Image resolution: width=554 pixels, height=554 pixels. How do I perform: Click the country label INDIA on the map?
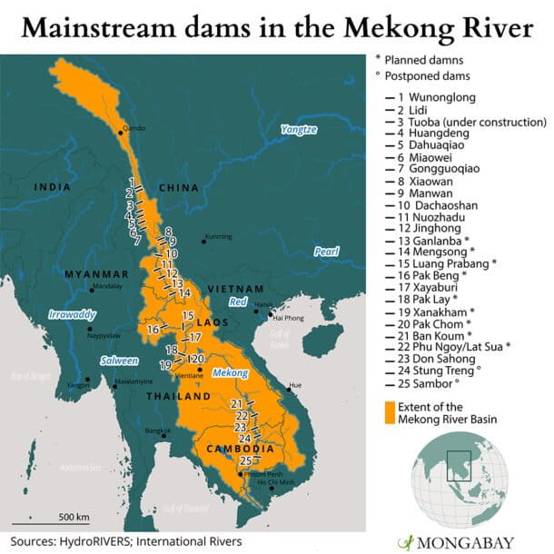tap(52, 188)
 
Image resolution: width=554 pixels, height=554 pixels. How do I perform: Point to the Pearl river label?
tap(325, 251)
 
